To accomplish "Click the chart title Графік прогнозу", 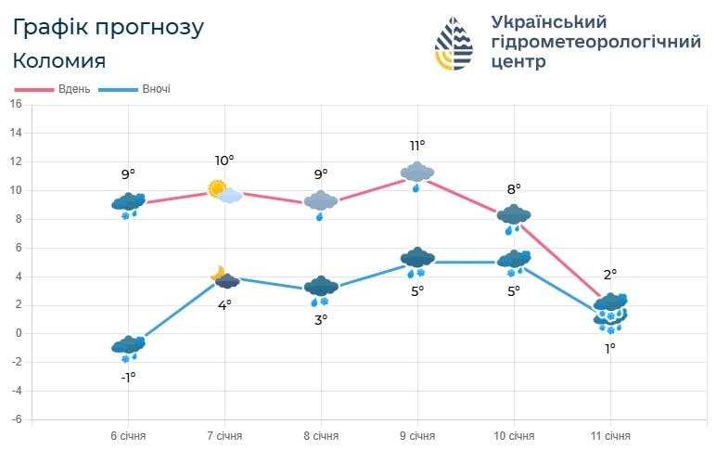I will [x=108, y=27].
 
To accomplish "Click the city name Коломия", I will [x=59, y=61].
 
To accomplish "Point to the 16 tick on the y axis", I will [x=15, y=105].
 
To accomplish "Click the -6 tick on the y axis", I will [x=15, y=419].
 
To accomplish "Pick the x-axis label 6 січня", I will [x=128, y=436].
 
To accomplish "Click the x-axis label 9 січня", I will [x=417, y=436].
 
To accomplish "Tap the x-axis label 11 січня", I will [x=610, y=436].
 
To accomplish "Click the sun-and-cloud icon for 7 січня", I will [x=224, y=192].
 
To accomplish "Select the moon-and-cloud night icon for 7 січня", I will [x=224, y=277].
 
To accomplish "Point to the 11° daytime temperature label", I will [x=417, y=146].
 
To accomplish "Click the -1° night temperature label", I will [x=128, y=377].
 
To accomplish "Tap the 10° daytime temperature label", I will [x=224, y=161].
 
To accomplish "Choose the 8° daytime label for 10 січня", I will [x=514, y=189].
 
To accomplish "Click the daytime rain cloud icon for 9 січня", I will [x=417, y=174].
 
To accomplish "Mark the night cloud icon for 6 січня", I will [x=128, y=347].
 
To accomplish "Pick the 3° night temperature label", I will [x=321, y=319].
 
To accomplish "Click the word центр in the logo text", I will [x=520, y=63].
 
